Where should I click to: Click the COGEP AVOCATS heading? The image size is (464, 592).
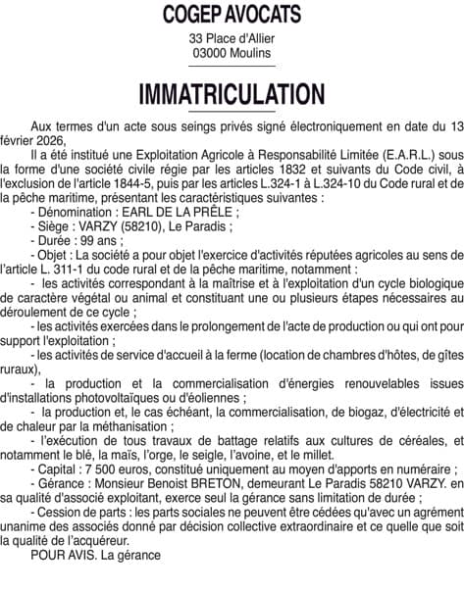tap(232, 15)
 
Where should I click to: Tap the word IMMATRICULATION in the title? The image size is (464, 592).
tap(232, 95)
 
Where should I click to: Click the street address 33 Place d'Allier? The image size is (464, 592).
tap(232, 38)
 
